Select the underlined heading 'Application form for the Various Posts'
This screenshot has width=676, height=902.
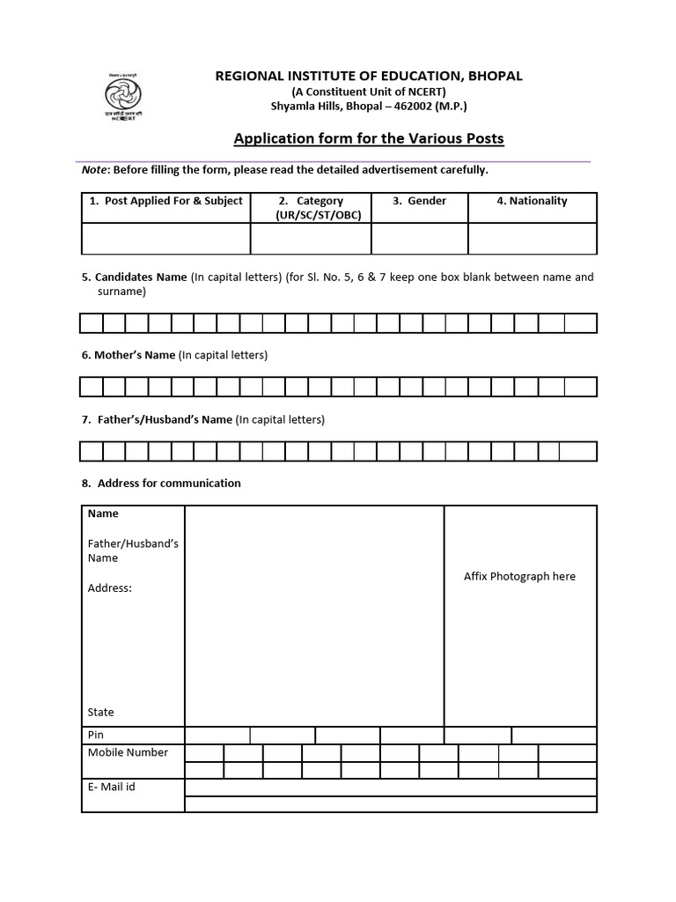pos(368,138)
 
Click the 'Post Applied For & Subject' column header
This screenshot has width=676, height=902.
pos(165,201)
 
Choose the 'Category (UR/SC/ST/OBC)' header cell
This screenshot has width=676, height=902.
pos(311,208)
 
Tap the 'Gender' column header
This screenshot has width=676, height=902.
pos(419,201)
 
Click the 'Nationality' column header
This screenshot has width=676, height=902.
pos(532,201)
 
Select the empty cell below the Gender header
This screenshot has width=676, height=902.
pos(419,239)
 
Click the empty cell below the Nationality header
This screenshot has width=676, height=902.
pos(532,239)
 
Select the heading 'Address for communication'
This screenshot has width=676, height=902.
pos(168,483)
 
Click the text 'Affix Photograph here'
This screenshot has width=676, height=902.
pos(519,576)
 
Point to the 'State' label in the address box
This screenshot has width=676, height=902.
pos(101,712)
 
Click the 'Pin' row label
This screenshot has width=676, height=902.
pos(96,735)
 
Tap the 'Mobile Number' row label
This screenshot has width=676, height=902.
pos(128,752)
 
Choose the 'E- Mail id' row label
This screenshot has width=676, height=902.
pos(111,787)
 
